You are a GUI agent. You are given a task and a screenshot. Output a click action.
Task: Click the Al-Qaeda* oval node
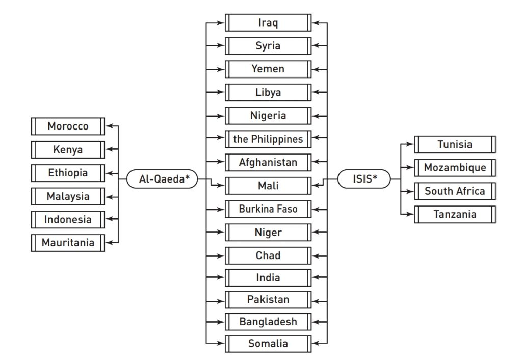(x=161, y=179)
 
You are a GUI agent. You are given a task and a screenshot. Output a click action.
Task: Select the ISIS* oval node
(x=363, y=179)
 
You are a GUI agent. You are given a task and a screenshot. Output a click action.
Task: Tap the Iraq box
(x=268, y=23)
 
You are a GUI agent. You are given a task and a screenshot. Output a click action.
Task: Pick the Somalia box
(x=268, y=344)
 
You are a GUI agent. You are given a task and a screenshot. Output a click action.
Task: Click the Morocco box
(x=68, y=126)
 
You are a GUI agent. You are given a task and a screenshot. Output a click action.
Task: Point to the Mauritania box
(x=68, y=243)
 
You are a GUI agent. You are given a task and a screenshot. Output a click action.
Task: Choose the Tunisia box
(x=455, y=144)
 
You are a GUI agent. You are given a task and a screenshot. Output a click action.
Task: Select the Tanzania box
(x=455, y=214)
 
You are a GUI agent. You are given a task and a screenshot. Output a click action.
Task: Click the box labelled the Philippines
(x=268, y=139)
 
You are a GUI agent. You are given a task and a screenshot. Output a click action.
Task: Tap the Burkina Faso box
(x=268, y=209)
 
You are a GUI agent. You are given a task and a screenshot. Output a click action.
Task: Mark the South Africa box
(x=455, y=191)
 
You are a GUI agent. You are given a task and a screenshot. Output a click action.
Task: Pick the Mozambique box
(x=455, y=168)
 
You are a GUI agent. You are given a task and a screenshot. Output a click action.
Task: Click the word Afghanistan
(x=268, y=163)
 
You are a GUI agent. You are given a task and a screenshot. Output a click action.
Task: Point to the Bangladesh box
(x=268, y=322)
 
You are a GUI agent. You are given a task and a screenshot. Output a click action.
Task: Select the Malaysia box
(x=68, y=196)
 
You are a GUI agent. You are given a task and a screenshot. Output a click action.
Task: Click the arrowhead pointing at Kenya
(x=114, y=149)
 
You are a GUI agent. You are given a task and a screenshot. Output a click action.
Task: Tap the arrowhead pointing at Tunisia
(x=410, y=144)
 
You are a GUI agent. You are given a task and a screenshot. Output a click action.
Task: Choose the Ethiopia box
(x=68, y=173)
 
